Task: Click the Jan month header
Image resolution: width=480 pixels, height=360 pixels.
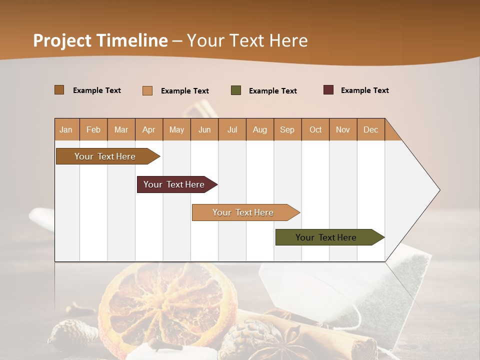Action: pos(66,129)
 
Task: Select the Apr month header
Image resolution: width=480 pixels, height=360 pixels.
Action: pos(149,129)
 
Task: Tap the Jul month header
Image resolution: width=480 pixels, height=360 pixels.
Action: pos(232,129)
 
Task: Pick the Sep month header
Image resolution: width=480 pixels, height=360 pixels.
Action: pos(287,129)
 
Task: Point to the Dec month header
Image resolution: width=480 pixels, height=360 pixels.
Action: pos(370,129)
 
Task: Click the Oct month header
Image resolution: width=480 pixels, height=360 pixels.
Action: pos(315,129)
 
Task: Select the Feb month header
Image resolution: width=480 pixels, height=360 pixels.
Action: pos(93,129)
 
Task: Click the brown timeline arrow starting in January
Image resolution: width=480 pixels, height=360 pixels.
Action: pos(105,156)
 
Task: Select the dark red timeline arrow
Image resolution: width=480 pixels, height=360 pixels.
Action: pos(174,184)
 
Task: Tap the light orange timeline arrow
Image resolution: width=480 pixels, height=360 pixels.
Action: pos(243,212)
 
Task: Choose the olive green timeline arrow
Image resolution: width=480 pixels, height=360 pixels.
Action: pos(326,237)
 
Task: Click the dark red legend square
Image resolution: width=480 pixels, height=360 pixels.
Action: pos(328,90)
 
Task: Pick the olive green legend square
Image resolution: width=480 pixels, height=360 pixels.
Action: pos(236,90)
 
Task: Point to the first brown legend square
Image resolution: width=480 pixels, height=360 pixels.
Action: pos(59,90)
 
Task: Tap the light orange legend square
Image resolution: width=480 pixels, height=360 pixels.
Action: pos(147,90)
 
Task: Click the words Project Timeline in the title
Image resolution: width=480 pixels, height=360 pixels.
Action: pos(100,40)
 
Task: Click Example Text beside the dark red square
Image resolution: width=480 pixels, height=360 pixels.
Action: pos(364,90)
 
